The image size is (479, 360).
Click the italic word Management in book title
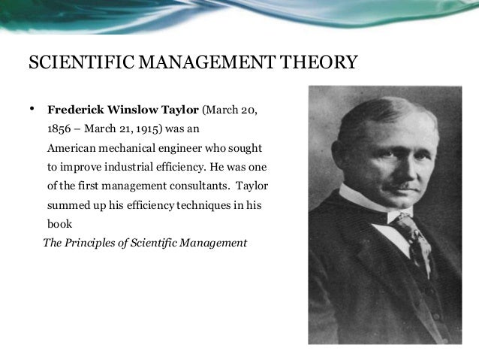pyautogui.click(x=218, y=244)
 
